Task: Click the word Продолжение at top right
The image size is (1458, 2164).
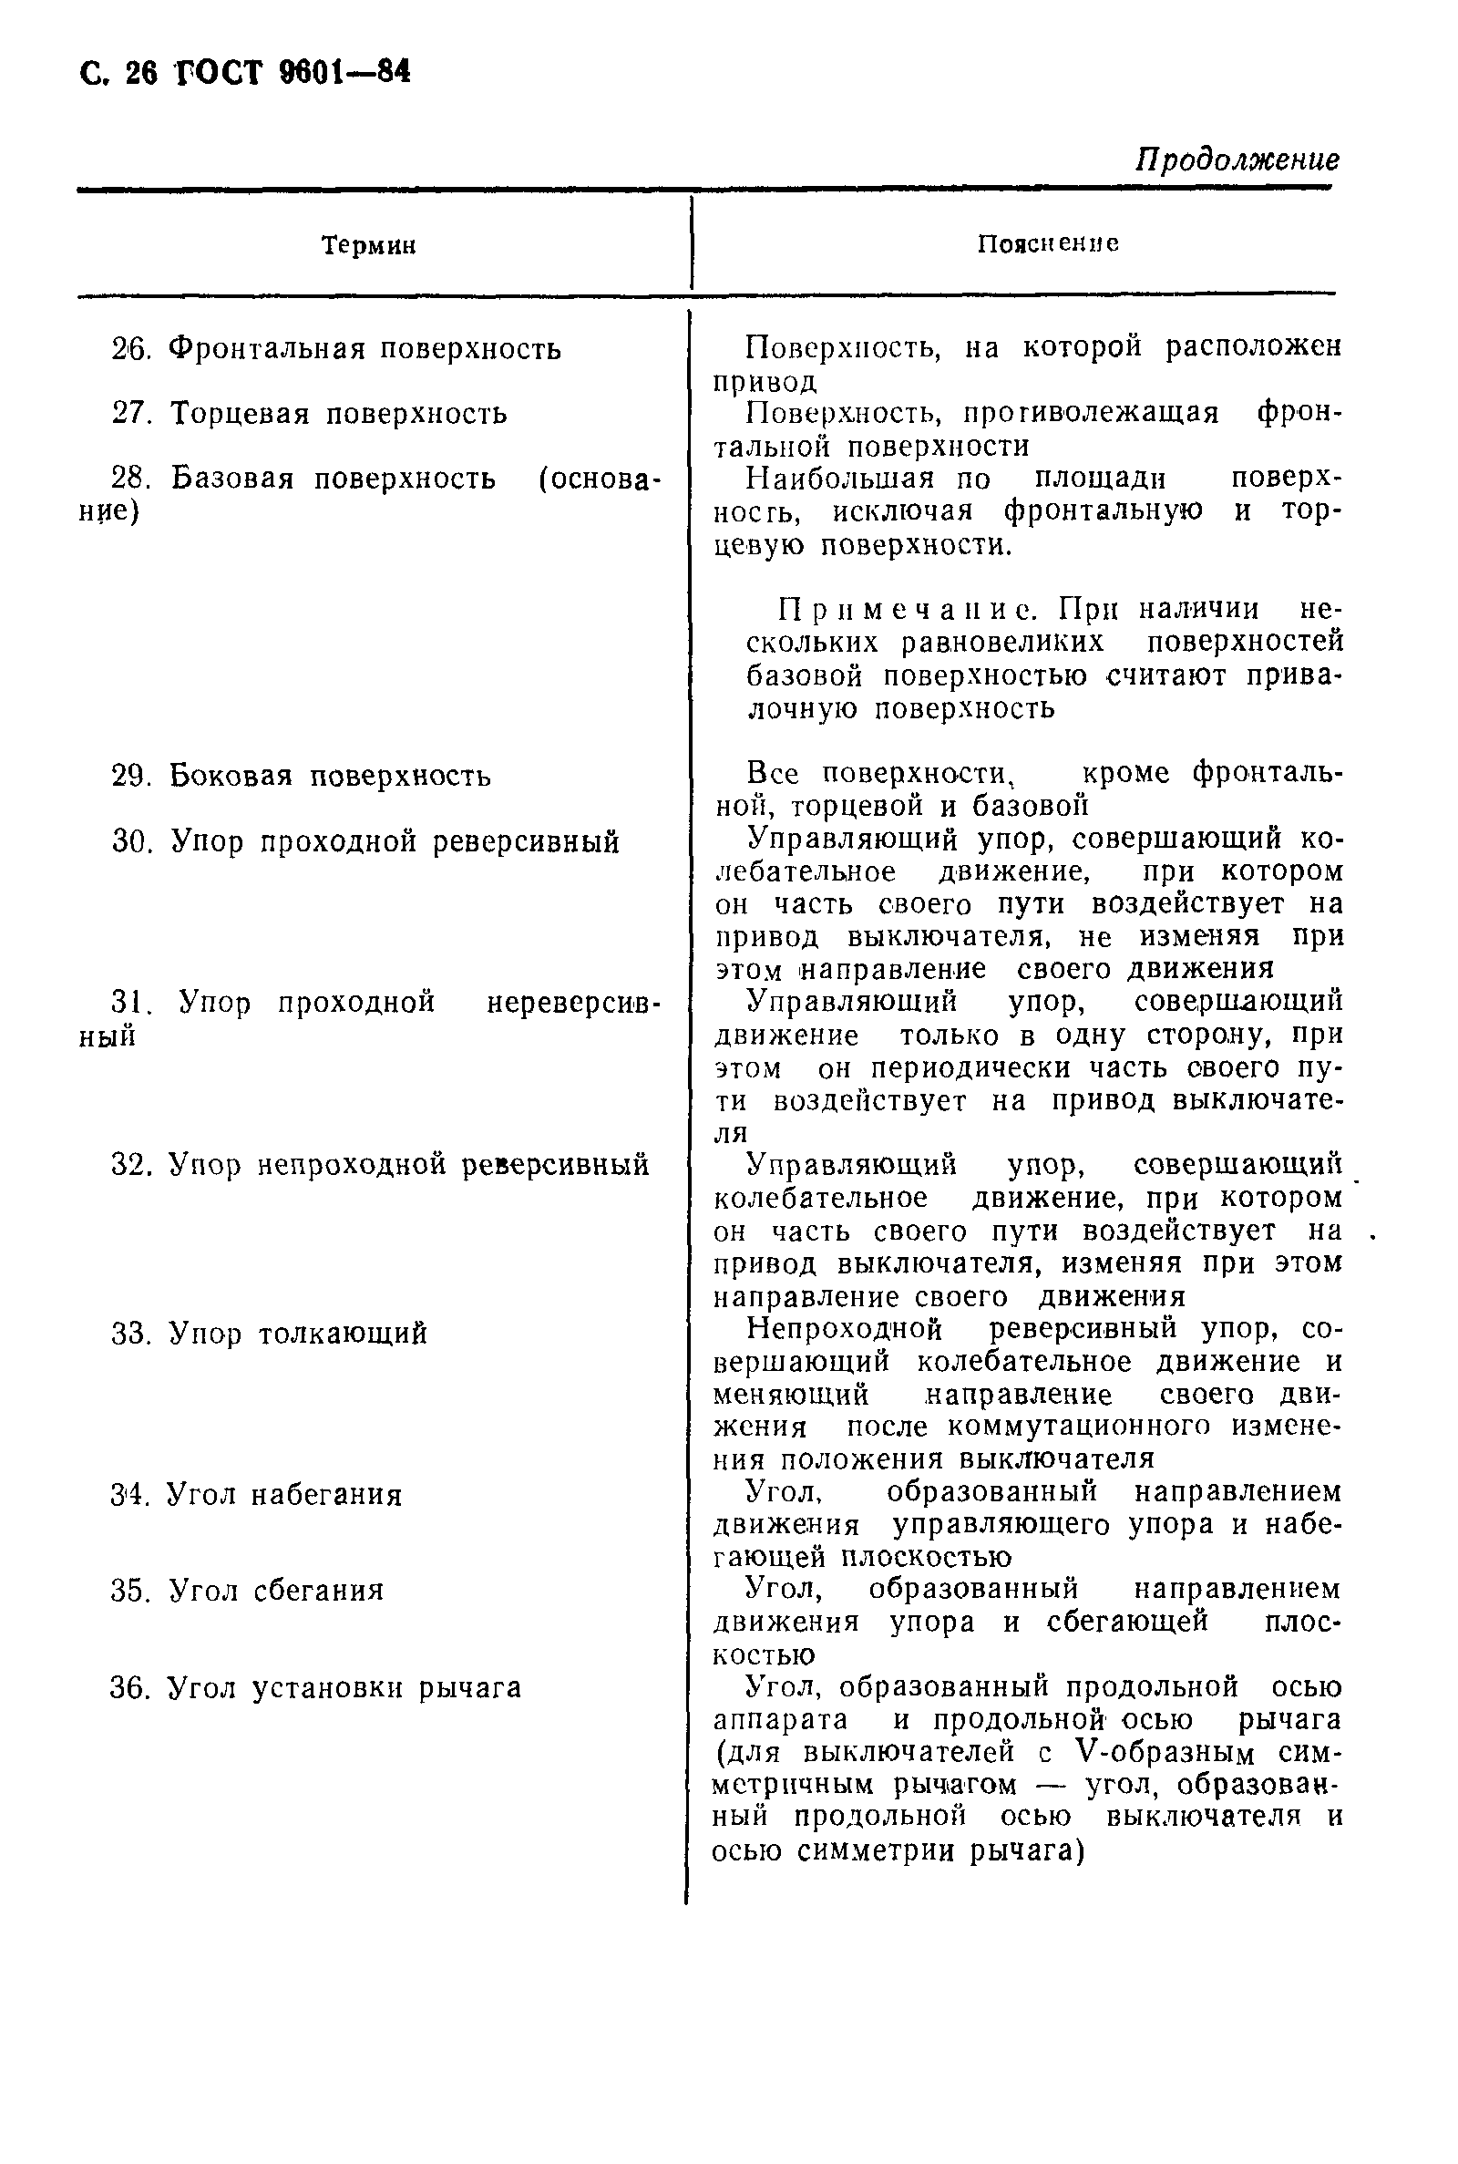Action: pos(1237,160)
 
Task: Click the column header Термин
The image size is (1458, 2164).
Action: pos(368,245)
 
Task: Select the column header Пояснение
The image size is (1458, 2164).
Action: pos(1048,243)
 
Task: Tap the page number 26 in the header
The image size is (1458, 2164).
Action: pos(141,74)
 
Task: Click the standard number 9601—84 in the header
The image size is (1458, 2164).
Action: pos(344,73)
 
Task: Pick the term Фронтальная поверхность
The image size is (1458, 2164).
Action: pos(364,350)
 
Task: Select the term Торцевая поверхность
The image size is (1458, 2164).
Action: pos(338,413)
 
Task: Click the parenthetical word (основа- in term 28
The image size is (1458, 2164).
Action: pos(599,479)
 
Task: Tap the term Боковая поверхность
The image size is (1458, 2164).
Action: pos(330,776)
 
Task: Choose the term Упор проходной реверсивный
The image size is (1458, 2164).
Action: pos(395,841)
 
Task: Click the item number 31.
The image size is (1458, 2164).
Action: pos(130,1003)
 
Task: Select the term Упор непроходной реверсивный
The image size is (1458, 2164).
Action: pos(408,1165)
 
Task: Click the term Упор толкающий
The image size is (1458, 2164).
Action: pos(298,1334)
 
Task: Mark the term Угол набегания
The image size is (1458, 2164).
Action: pos(283,1495)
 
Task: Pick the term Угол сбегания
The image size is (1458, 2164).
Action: pos(276,1592)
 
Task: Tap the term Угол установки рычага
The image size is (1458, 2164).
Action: pos(344,1688)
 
